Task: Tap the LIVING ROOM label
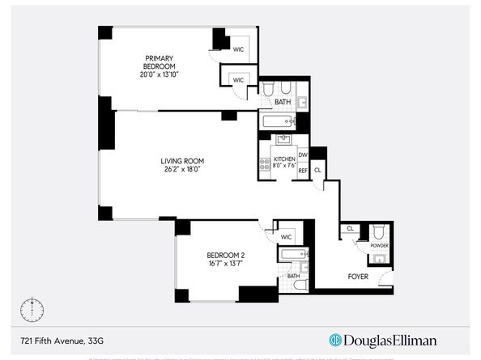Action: pyautogui.click(x=180, y=161)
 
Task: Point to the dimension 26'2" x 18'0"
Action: pyautogui.click(x=180, y=170)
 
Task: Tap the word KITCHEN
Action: pyautogui.click(x=283, y=159)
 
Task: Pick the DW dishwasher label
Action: pyautogui.click(x=303, y=155)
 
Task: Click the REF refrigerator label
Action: pyautogui.click(x=303, y=171)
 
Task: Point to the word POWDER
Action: pyautogui.click(x=379, y=244)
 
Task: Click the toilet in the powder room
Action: pyautogui.click(x=378, y=229)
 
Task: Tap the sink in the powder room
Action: pyautogui.click(x=377, y=259)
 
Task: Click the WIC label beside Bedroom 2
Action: pyautogui.click(x=286, y=236)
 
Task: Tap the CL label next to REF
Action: pyautogui.click(x=317, y=170)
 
